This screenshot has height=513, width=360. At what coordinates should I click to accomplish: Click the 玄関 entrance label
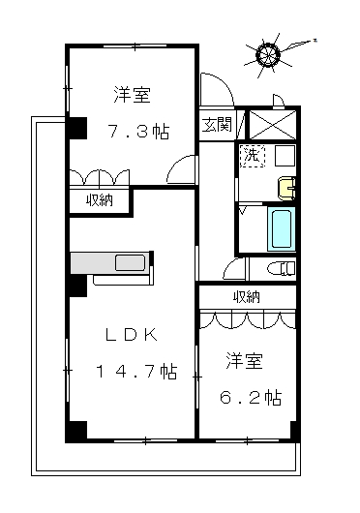[x=217, y=125]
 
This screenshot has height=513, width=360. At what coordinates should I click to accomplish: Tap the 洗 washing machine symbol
[x=253, y=156]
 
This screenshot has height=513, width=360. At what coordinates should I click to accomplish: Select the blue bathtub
[x=282, y=228]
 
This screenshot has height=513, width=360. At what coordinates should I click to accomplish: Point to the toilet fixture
[x=282, y=269]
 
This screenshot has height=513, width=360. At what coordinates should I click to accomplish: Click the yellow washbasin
[x=286, y=188]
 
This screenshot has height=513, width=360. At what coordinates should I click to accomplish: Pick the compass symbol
[x=268, y=54]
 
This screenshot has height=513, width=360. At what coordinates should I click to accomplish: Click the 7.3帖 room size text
[x=138, y=132]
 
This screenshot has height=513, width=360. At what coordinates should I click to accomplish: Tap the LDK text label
[x=132, y=335]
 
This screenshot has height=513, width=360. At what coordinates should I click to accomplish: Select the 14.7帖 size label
[x=136, y=372]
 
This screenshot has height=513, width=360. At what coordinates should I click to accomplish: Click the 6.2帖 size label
[x=251, y=397]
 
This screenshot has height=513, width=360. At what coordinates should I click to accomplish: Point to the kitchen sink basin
[x=130, y=263]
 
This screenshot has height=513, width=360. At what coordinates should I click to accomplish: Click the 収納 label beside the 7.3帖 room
[x=100, y=200]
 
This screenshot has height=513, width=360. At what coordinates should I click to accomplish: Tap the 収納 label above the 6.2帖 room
[x=247, y=296]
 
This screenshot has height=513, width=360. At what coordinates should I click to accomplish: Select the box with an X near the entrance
[x=273, y=125]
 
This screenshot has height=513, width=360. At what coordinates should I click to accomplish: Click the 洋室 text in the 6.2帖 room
[x=245, y=360]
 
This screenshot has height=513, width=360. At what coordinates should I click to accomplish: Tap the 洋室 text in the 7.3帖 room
[x=133, y=94]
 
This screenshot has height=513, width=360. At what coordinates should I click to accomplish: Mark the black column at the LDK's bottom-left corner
[x=76, y=431]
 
